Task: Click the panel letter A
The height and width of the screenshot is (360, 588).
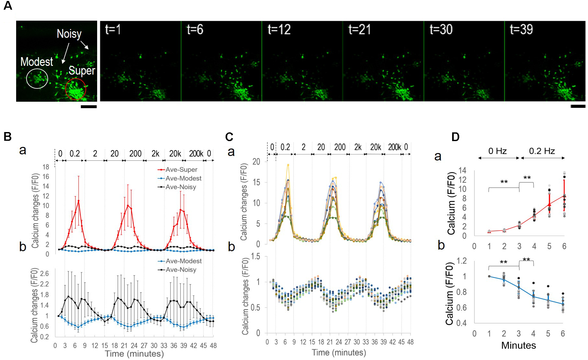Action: [x=8, y=5]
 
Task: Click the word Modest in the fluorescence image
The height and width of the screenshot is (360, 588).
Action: [x=36, y=62]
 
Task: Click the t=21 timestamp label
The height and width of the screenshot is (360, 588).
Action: [x=360, y=30]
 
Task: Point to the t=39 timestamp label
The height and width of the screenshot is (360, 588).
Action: [x=521, y=30]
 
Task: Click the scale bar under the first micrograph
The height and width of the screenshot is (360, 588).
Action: [x=89, y=107]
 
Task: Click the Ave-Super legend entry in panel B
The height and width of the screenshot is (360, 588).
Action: [x=181, y=170]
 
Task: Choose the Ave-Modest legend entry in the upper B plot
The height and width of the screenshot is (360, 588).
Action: [x=183, y=178]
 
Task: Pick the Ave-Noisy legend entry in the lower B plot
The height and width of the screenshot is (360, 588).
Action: [x=181, y=270]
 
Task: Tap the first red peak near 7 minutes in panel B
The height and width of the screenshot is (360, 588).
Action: [x=78, y=201]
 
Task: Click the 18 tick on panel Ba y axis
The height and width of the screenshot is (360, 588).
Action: [x=46, y=167]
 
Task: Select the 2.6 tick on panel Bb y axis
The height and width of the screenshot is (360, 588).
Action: [x=45, y=273]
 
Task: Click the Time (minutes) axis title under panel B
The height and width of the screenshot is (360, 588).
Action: [x=134, y=354]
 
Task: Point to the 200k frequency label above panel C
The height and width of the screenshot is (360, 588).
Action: [x=394, y=147]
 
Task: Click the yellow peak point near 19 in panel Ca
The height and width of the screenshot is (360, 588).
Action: [x=288, y=165]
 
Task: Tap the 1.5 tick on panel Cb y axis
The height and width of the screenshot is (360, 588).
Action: [x=255, y=257]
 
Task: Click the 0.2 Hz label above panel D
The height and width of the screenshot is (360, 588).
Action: [x=542, y=151]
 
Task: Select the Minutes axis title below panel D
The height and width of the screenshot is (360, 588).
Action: [x=518, y=345]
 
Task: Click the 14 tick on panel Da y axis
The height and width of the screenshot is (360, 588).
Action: [x=462, y=170]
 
